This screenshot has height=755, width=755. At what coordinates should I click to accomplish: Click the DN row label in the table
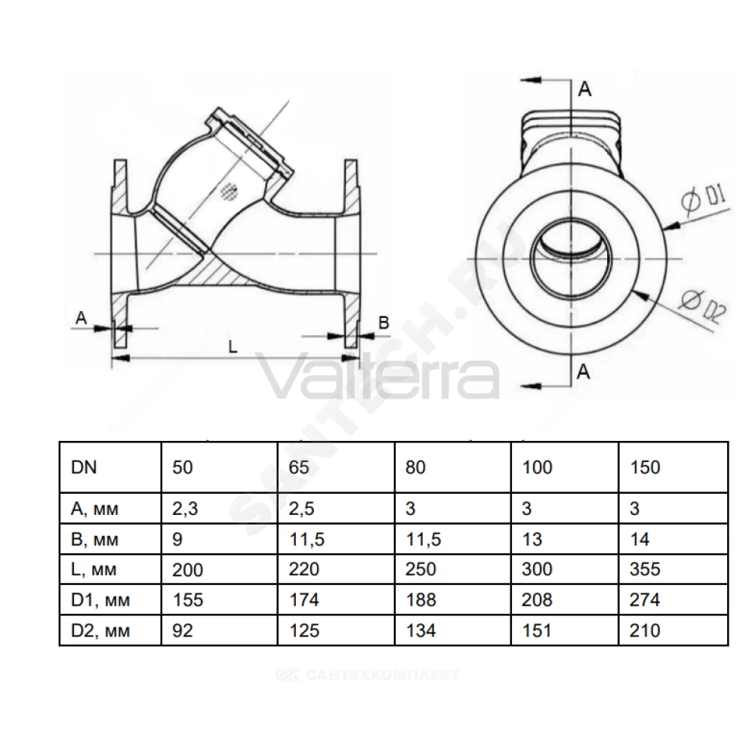click(84, 467)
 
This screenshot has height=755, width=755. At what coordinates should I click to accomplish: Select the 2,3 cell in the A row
click(186, 508)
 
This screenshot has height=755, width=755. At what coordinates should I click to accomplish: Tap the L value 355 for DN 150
click(645, 569)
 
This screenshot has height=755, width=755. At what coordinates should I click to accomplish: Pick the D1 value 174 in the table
click(304, 600)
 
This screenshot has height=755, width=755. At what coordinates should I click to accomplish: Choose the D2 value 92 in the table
click(183, 630)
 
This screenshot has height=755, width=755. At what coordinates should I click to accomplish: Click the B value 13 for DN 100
click(532, 539)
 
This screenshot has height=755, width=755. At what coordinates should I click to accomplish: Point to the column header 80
click(415, 467)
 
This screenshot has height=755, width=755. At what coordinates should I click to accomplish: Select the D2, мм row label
click(100, 630)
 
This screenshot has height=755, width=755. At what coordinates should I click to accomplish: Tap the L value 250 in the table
click(421, 569)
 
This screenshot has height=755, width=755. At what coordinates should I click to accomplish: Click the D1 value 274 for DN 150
click(645, 600)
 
